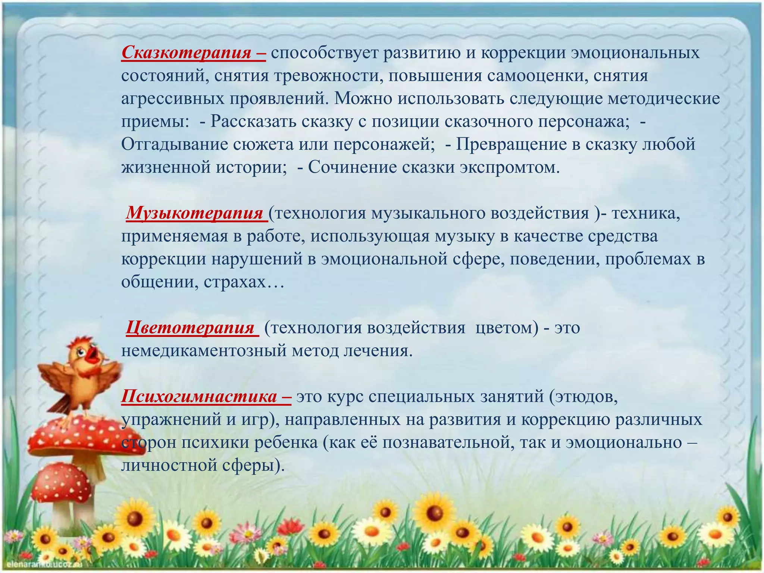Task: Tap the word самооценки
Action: pyautogui.click(x=531, y=76)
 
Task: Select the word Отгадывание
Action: pyautogui.click(x=174, y=145)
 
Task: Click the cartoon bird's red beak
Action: pyautogui.click(x=93, y=355)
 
